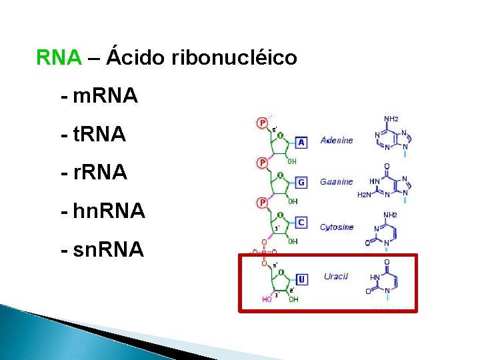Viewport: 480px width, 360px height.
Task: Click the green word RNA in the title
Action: point(59,58)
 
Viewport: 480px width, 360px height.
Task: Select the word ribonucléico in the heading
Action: point(234,58)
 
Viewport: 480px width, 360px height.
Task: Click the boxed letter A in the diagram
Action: point(301,142)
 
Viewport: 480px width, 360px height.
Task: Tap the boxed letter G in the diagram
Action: point(301,182)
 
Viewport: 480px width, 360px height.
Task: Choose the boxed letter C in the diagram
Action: point(301,222)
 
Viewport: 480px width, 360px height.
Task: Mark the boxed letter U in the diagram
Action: point(301,279)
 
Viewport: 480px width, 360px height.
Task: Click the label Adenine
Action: point(337,141)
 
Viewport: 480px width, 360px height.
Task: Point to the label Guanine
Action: point(336,181)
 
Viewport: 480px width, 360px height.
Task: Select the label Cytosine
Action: point(337,227)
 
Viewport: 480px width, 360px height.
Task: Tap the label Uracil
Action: point(336,277)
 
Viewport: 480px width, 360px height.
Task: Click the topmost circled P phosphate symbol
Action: point(263,123)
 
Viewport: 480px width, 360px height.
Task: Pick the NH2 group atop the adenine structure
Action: point(391,119)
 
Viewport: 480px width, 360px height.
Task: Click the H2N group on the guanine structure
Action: point(365,195)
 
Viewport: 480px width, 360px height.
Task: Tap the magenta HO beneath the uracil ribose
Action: point(267,299)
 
